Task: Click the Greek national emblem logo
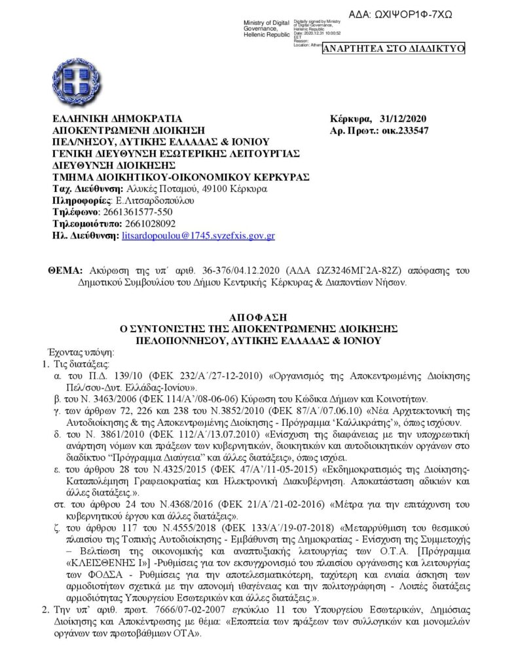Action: [80, 85]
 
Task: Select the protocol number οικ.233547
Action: [405, 130]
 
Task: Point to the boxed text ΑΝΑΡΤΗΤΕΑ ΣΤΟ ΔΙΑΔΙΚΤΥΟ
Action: [394, 48]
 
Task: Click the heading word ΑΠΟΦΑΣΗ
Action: [258, 315]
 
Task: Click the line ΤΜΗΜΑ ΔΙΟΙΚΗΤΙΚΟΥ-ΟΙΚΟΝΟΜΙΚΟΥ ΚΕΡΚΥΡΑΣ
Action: [181, 178]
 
